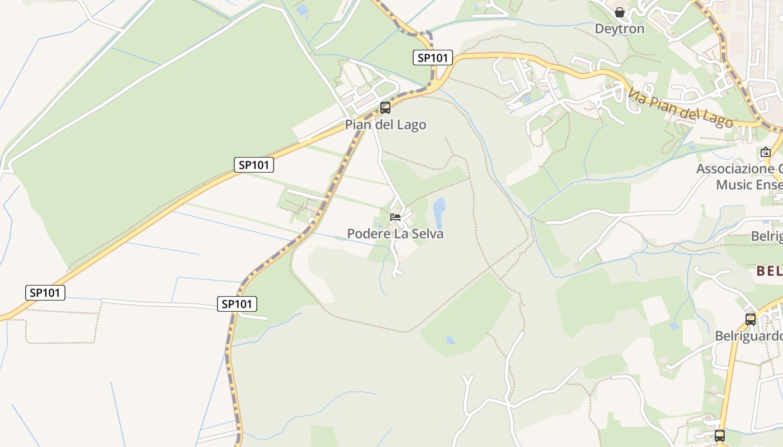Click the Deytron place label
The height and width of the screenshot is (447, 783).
(x=619, y=28)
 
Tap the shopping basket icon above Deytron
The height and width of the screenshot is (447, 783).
(x=620, y=12)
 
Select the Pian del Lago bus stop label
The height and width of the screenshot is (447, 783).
(x=385, y=125)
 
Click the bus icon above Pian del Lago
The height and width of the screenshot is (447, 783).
(x=385, y=108)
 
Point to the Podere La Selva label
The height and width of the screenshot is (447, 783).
(x=395, y=234)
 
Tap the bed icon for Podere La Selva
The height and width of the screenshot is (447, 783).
(x=395, y=217)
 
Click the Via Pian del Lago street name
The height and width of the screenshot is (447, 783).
(x=680, y=108)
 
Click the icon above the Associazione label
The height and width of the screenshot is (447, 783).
(x=765, y=152)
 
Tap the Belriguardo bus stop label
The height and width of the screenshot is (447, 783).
(x=748, y=336)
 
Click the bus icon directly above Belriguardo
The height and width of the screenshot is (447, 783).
(x=751, y=320)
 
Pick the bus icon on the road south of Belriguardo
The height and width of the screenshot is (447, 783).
(x=720, y=435)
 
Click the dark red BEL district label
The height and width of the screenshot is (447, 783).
(x=770, y=271)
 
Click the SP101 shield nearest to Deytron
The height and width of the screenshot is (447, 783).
(x=432, y=58)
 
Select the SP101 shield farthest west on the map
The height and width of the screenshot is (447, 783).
(x=45, y=292)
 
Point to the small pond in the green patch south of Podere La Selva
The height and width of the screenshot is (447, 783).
(x=450, y=339)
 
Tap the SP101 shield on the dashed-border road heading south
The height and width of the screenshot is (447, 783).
(x=237, y=304)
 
